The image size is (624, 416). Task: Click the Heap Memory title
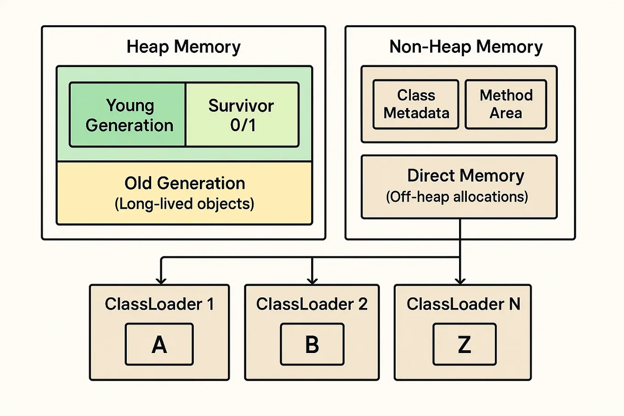[x=183, y=47]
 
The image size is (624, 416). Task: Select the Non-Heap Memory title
[x=465, y=47]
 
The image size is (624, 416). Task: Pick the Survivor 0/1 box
[x=242, y=115]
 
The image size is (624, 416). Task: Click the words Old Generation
[x=184, y=183]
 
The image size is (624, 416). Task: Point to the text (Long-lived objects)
[x=184, y=204]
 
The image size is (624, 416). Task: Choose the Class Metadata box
[x=416, y=104]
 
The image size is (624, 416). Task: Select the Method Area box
[x=506, y=104]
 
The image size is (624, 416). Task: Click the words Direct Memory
[x=465, y=176]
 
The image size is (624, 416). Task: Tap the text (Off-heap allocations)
[x=457, y=197]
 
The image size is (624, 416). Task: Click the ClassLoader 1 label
[x=159, y=304]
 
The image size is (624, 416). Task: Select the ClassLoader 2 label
[x=312, y=304]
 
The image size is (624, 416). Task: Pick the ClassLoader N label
[x=463, y=304]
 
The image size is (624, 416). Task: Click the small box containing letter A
[x=159, y=344]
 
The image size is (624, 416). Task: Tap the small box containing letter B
[x=312, y=344]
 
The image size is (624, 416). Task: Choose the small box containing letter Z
[x=465, y=344]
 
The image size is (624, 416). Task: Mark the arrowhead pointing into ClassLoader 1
[x=161, y=280]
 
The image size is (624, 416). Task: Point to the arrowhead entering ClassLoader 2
[x=312, y=280]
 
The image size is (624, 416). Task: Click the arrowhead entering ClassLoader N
[x=460, y=280]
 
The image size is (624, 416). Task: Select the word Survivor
[x=241, y=106]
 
